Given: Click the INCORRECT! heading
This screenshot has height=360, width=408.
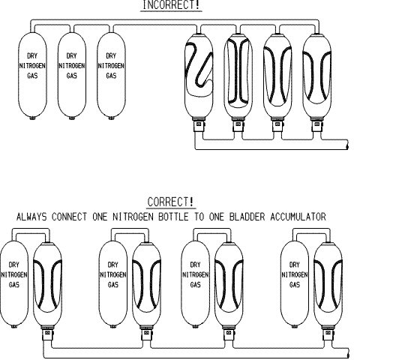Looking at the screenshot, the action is tap(172, 4).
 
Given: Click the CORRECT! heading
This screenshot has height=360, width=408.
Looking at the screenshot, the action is tap(171, 202).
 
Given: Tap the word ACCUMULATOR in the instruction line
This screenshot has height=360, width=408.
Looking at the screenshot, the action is tap(298, 217).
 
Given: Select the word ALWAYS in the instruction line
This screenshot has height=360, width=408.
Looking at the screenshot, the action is tap(31, 217).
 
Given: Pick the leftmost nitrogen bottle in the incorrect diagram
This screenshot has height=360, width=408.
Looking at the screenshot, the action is tap(32, 76).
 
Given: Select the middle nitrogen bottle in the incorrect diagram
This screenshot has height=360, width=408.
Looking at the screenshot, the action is tap(72, 76).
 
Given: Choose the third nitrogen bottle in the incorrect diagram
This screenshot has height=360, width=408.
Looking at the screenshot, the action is tap(111, 76).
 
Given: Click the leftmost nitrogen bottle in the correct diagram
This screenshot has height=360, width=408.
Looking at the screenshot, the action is tap(14, 284).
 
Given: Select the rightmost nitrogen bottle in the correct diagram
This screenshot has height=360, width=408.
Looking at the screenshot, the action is tap(295, 284).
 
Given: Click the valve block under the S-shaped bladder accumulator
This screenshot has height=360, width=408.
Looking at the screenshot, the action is tap(199, 125).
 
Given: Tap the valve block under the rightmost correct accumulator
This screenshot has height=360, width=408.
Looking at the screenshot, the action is tap(328, 334).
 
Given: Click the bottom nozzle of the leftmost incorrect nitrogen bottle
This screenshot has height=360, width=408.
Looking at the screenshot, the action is tap(32, 118).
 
